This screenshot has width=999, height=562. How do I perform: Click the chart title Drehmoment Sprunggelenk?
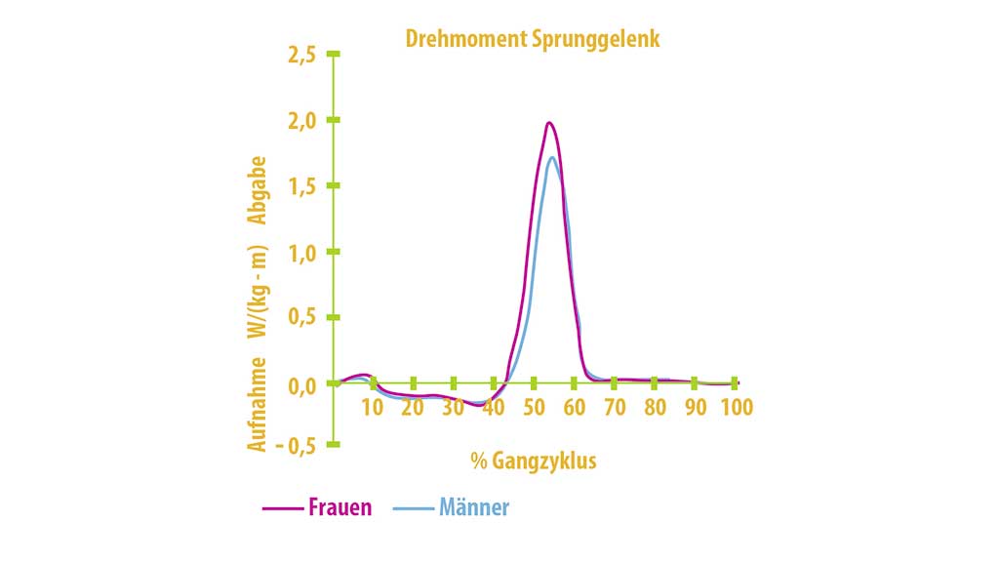pyautogui.click(x=533, y=39)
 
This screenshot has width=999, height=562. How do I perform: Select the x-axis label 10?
pyautogui.click(x=373, y=407)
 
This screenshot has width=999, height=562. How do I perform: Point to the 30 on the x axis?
pyautogui.click(x=453, y=407)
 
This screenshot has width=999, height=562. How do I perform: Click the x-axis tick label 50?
pyautogui.click(x=534, y=407)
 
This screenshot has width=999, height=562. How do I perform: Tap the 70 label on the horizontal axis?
pyautogui.click(x=614, y=407)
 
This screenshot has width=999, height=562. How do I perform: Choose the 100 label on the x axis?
pyautogui.click(x=737, y=407)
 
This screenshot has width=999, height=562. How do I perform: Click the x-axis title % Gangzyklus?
pyautogui.click(x=533, y=461)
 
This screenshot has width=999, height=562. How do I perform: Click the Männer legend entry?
pyautogui.click(x=474, y=507)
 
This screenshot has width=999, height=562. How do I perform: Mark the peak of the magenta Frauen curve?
pyautogui.click(x=549, y=123)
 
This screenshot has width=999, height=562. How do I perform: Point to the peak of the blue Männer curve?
pyautogui.click(x=552, y=158)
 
